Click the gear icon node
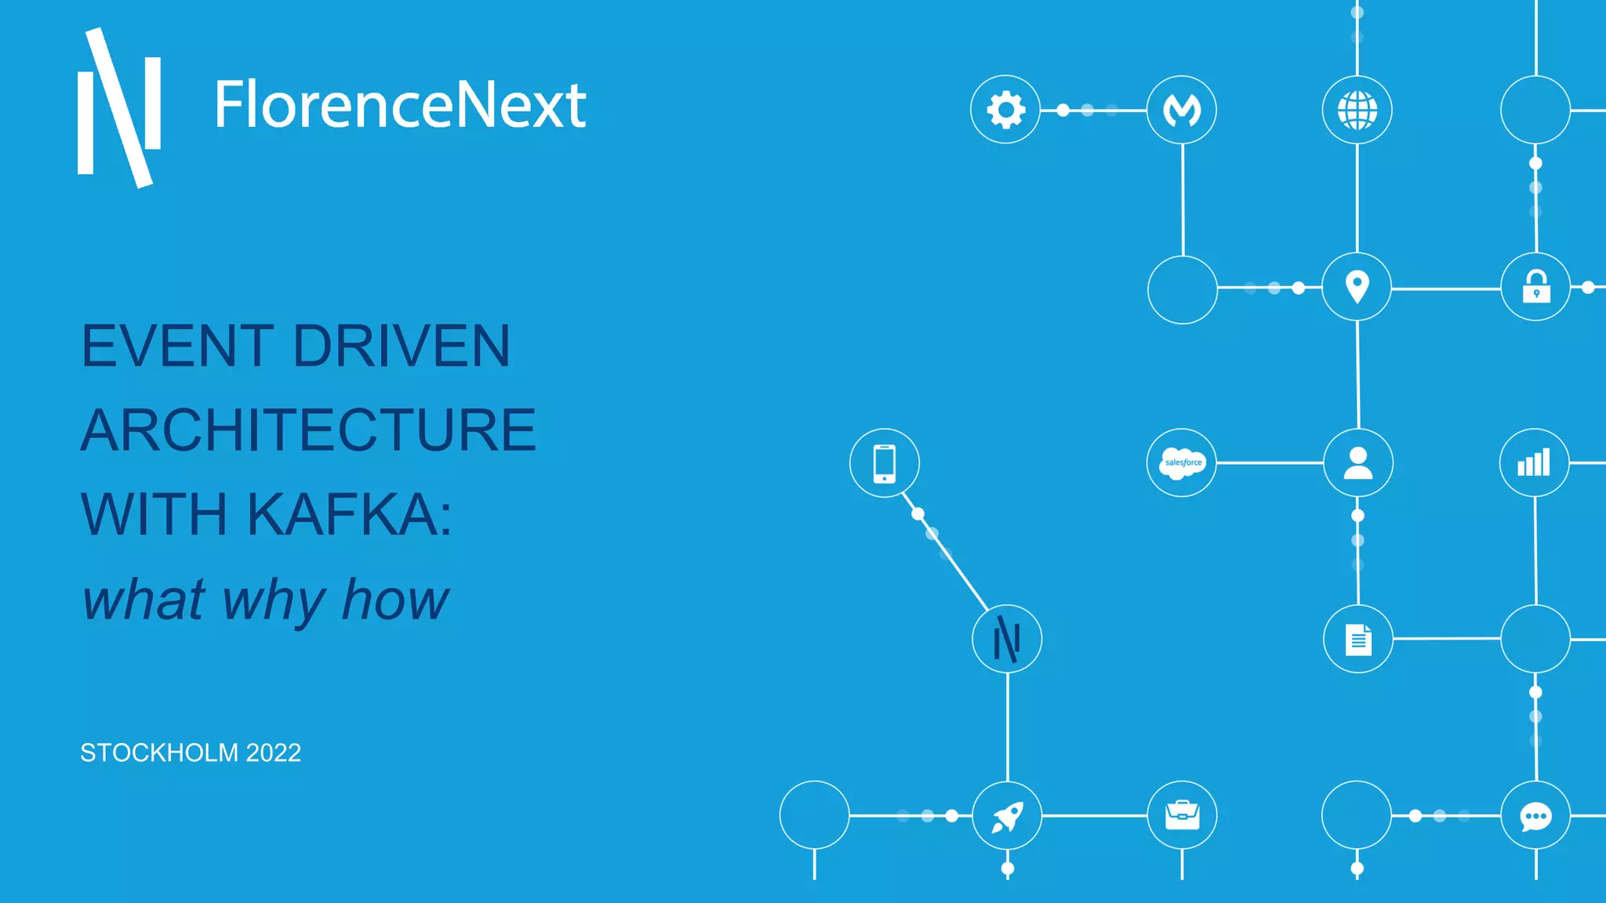(x=1005, y=110)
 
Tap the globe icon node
(x=1357, y=110)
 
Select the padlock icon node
(x=1535, y=287)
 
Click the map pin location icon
(x=1357, y=287)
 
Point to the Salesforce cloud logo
(x=1182, y=462)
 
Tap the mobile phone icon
(x=885, y=462)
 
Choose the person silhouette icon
(x=1358, y=462)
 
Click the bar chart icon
(x=1534, y=462)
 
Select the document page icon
(x=1358, y=639)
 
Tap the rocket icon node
(x=1007, y=816)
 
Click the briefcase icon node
(x=1182, y=815)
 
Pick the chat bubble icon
(x=1535, y=816)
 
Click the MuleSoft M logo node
(x=1182, y=110)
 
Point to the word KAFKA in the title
(x=349, y=515)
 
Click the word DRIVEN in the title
(x=401, y=346)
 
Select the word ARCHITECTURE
(x=308, y=430)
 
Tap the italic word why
(x=274, y=600)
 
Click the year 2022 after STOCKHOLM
(x=273, y=752)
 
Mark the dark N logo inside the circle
(x=1007, y=639)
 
